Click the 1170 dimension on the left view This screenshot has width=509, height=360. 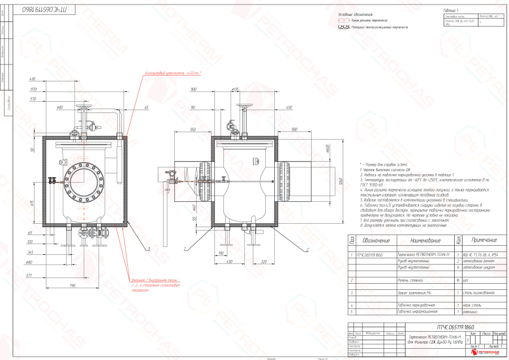pyautogui.click(x=33, y=89)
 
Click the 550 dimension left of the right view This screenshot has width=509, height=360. pyautogui.click(x=193, y=129)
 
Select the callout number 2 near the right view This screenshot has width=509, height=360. pyautogui.click(x=307, y=249)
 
